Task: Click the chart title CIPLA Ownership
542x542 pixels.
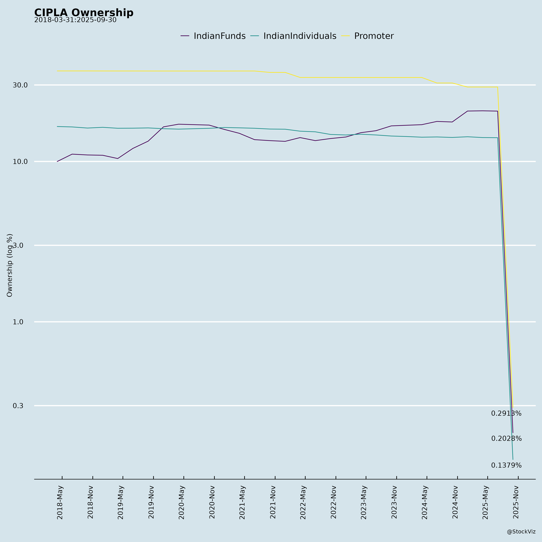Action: [x=84, y=13]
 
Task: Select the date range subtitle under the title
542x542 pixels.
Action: [x=75, y=20]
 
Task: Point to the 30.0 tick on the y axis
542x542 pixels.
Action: [x=20, y=85]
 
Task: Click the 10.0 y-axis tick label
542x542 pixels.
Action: [x=20, y=162]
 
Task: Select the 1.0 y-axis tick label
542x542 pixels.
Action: [x=18, y=322]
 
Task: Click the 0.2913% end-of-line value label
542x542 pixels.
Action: [x=506, y=414]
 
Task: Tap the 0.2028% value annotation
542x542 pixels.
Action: [x=506, y=438]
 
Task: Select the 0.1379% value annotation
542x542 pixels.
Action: [x=506, y=465]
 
